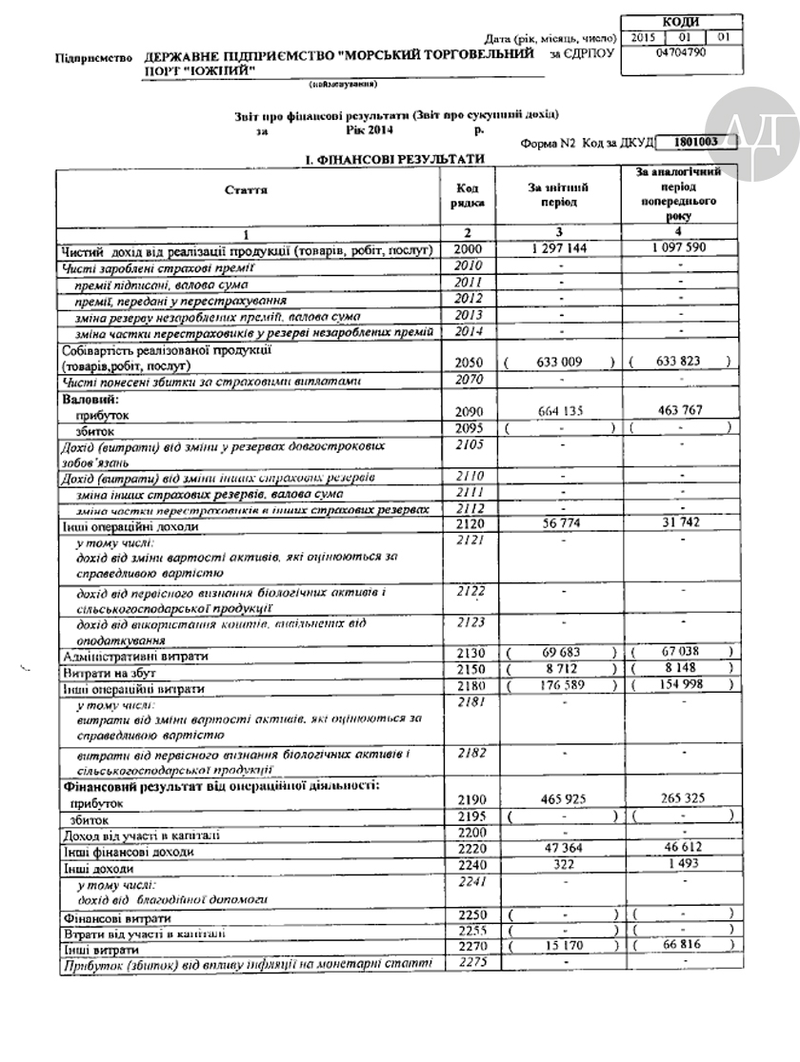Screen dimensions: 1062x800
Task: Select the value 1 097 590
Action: pyautogui.click(x=680, y=249)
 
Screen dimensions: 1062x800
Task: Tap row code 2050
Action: pyautogui.click(x=471, y=362)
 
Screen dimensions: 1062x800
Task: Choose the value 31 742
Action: pyautogui.click(x=680, y=524)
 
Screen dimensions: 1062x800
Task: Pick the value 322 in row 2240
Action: pyautogui.click(x=559, y=866)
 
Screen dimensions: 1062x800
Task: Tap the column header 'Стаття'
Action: pyautogui.click(x=247, y=190)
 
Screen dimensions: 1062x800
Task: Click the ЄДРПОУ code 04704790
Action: pyautogui.click(x=680, y=54)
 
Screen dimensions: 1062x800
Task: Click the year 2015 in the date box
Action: pyautogui.click(x=646, y=38)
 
